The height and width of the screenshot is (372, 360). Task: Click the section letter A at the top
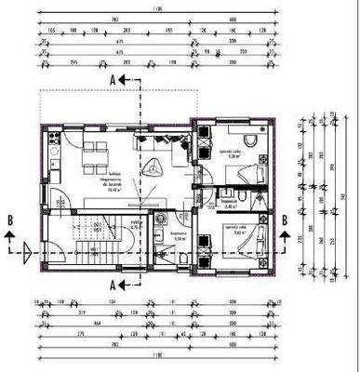click(113, 81)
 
